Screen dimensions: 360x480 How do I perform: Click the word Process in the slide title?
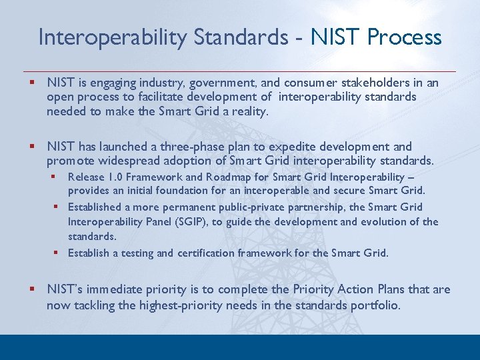click(405, 37)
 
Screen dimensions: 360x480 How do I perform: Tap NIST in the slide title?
click(331, 37)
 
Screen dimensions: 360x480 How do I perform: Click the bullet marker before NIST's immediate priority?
click(31, 290)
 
